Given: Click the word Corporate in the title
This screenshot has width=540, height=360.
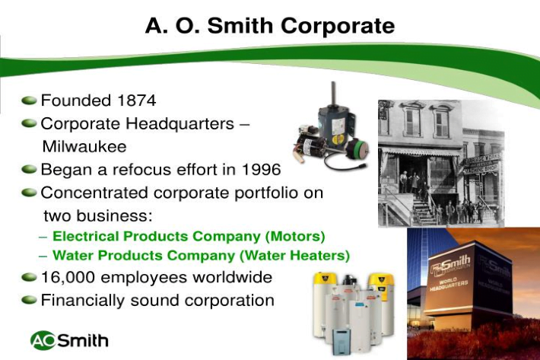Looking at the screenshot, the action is [x=338, y=26].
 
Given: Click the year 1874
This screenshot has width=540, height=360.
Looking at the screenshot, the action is [x=136, y=100].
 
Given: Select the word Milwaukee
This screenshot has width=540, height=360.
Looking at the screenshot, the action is [x=84, y=147].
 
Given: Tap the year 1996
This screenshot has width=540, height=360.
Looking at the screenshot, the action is [x=262, y=170].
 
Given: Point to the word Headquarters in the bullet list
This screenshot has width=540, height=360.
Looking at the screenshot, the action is [x=180, y=124].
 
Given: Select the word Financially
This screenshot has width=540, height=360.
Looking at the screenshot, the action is [x=83, y=301].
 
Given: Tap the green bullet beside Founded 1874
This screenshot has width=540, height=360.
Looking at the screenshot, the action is [x=29, y=100].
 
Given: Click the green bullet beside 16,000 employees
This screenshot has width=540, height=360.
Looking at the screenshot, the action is [x=29, y=277].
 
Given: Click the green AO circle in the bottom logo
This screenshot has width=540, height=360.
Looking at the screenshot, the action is [x=43, y=341].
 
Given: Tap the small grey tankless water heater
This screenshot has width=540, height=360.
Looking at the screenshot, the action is [x=341, y=341].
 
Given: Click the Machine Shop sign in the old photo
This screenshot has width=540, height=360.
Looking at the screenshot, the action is [x=481, y=170].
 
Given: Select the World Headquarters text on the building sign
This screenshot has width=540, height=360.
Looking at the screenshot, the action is [x=449, y=284].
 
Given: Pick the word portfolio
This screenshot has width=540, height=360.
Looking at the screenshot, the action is [x=266, y=193].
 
